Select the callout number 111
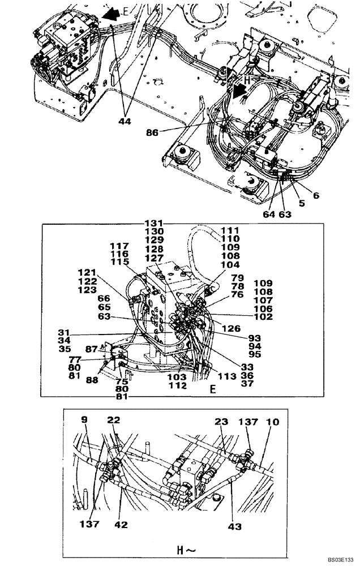click(230, 231)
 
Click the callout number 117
click(119, 246)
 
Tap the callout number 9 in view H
click(84, 421)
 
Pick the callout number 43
click(234, 526)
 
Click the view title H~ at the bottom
click(179, 549)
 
